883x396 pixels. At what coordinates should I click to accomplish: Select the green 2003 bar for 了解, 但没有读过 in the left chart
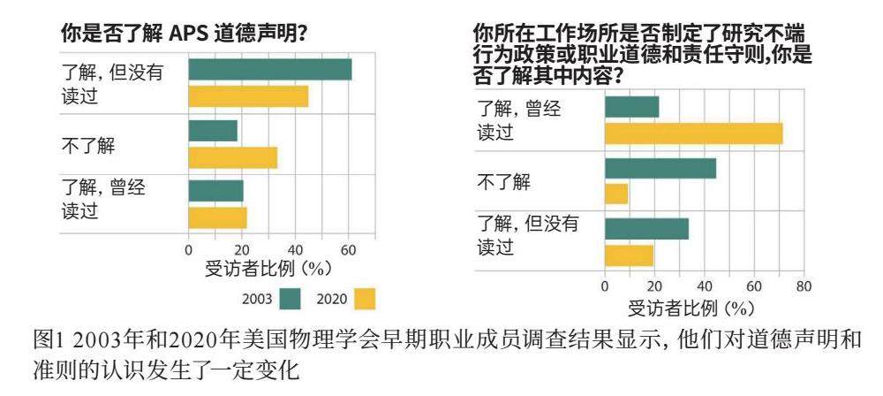pos(270,69)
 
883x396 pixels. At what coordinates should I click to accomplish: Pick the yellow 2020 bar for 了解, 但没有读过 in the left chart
pos(248,96)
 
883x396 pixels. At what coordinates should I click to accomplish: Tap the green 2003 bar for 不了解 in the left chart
pos(213,131)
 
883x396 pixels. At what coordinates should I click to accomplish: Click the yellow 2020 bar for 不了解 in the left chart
pos(233,157)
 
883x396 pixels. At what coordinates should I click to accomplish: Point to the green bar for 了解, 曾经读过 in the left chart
pos(215,191)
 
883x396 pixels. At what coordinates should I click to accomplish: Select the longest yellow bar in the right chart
pos(693,133)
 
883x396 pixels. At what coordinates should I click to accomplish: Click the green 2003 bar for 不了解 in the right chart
pos(660,168)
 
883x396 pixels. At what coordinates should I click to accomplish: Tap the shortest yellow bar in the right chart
pos(616,194)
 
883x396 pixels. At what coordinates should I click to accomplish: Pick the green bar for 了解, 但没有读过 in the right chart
pos(646,228)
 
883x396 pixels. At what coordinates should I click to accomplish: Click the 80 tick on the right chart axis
pos(804,286)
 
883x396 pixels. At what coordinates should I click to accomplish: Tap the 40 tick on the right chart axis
pos(704,286)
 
